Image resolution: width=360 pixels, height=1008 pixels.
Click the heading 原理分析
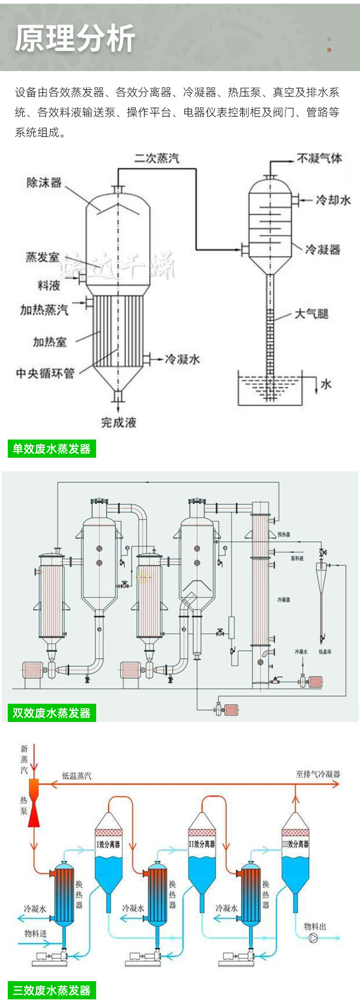pos(75,38)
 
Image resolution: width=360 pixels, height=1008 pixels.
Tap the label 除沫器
pos(44,183)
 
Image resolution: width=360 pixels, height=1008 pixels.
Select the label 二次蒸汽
pos(157,158)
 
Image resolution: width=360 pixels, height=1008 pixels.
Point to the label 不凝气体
pos(319,158)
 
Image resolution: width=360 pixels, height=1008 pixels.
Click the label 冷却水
pos(333,200)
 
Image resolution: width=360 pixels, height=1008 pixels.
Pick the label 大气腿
pos(312,314)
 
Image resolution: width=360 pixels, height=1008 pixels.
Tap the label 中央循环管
pos(45,373)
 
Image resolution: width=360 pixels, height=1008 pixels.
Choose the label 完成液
pos(118,422)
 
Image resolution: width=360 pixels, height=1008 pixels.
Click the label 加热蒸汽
pos(44,310)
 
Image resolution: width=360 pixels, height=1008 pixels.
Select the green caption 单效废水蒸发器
pos(51,449)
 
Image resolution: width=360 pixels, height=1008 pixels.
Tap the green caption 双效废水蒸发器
pos(51,713)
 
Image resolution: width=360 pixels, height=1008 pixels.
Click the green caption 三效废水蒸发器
pos(51,990)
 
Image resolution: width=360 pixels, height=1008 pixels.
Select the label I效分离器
pos(108,844)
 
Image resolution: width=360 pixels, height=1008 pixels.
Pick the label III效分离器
pos(295,844)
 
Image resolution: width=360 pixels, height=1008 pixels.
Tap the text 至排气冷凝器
pos(318,774)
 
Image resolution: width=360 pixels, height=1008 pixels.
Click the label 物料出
pos(315,926)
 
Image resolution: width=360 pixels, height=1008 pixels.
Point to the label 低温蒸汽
pos(77,776)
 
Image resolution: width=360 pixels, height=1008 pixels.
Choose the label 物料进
pos(36,933)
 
